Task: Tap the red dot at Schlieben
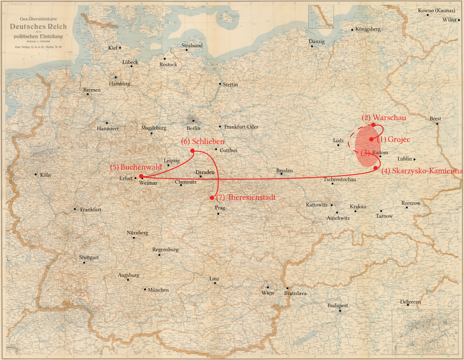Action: (x=192, y=151)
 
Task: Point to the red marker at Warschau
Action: (x=373, y=125)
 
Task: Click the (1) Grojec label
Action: (x=392, y=139)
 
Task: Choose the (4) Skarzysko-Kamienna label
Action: (x=422, y=171)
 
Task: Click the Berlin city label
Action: (x=193, y=128)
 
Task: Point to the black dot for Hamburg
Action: (x=116, y=77)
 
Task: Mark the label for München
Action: (x=158, y=290)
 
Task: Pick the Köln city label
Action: (x=45, y=175)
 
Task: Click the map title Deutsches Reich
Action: (x=39, y=27)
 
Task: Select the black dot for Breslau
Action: (x=282, y=174)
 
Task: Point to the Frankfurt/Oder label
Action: (x=241, y=127)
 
